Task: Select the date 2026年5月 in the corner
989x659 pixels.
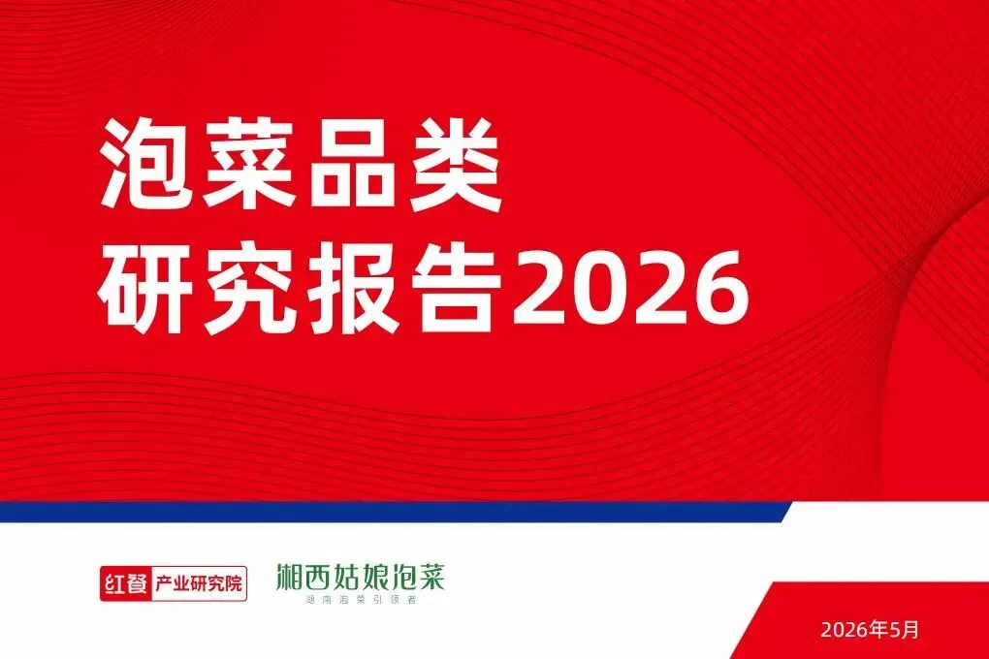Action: click(x=870, y=629)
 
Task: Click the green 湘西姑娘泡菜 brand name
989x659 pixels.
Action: click(x=361, y=577)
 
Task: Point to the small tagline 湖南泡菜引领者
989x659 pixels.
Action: click(x=361, y=600)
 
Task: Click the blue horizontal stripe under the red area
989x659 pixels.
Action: click(x=395, y=512)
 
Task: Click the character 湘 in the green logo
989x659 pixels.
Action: click(x=290, y=577)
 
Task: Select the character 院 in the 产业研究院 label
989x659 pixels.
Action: click(x=234, y=584)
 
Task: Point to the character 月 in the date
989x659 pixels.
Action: click(x=910, y=629)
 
